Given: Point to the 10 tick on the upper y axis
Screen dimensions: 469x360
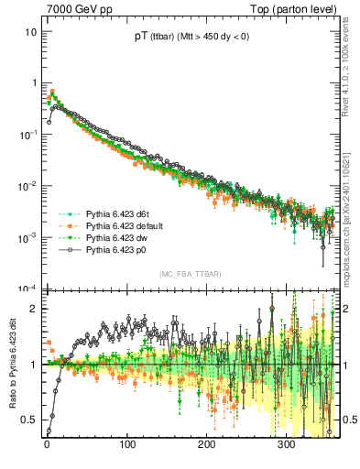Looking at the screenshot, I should coord(30,31).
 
